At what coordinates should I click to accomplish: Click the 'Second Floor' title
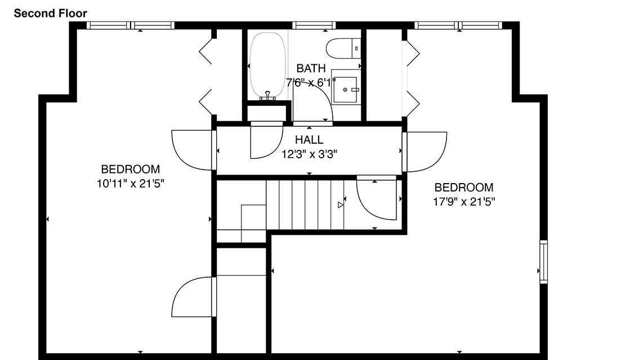tap(51, 14)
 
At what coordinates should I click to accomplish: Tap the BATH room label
tap(311, 68)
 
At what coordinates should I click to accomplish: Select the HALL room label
tap(309, 140)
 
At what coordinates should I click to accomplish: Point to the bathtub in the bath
tap(268, 65)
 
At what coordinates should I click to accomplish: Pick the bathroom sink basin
tap(346, 90)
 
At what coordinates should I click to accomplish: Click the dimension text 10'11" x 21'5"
tap(131, 184)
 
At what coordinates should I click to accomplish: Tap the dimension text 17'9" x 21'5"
tap(464, 202)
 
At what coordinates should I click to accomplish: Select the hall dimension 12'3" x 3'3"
tap(309, 154)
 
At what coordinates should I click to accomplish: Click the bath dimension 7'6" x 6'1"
tap(311, 82)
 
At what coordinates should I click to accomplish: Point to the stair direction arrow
tap(341, 205)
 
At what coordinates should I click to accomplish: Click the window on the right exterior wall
tap(543, 262)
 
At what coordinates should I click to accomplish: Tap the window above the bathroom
tap(314, 25)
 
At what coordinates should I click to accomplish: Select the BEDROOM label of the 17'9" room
tap(464, 188)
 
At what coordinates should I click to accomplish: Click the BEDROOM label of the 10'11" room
tap(130, 170)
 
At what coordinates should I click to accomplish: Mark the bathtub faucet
tap(267, 96)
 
